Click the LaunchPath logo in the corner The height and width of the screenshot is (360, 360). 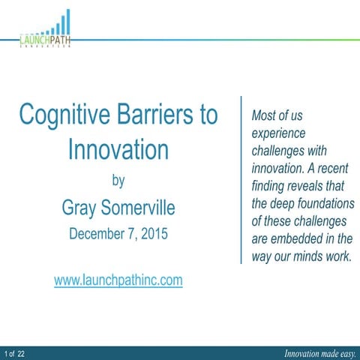click(46, 34)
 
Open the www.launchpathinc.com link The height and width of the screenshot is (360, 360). click(118, 280)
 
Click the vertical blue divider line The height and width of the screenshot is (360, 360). click(241, 180)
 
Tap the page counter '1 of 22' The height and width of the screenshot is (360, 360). click(15, 352)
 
